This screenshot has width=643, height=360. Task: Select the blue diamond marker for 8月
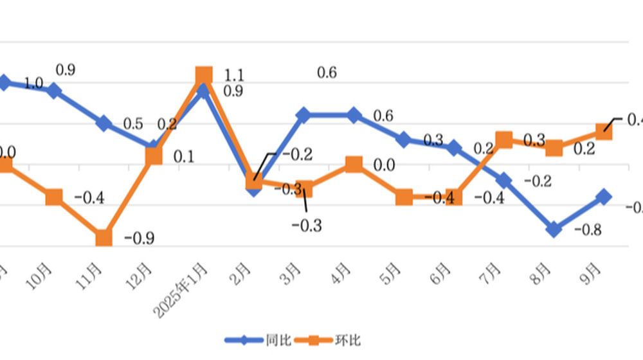(554, 229)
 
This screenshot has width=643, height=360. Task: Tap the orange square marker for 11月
(104, 239)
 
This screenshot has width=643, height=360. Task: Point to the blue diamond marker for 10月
(54, 91)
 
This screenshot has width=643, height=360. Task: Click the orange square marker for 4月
(354, 165)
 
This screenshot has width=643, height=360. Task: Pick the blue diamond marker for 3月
(303, 115)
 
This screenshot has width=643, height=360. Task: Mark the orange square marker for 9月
(604, 132)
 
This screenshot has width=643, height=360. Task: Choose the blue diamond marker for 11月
(104, 123)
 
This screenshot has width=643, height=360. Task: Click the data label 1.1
(235, 76)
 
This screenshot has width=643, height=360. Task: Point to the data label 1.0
(33, 83)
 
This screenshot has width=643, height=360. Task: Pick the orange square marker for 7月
(503, 140)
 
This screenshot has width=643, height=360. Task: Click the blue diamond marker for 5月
(404, 139)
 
